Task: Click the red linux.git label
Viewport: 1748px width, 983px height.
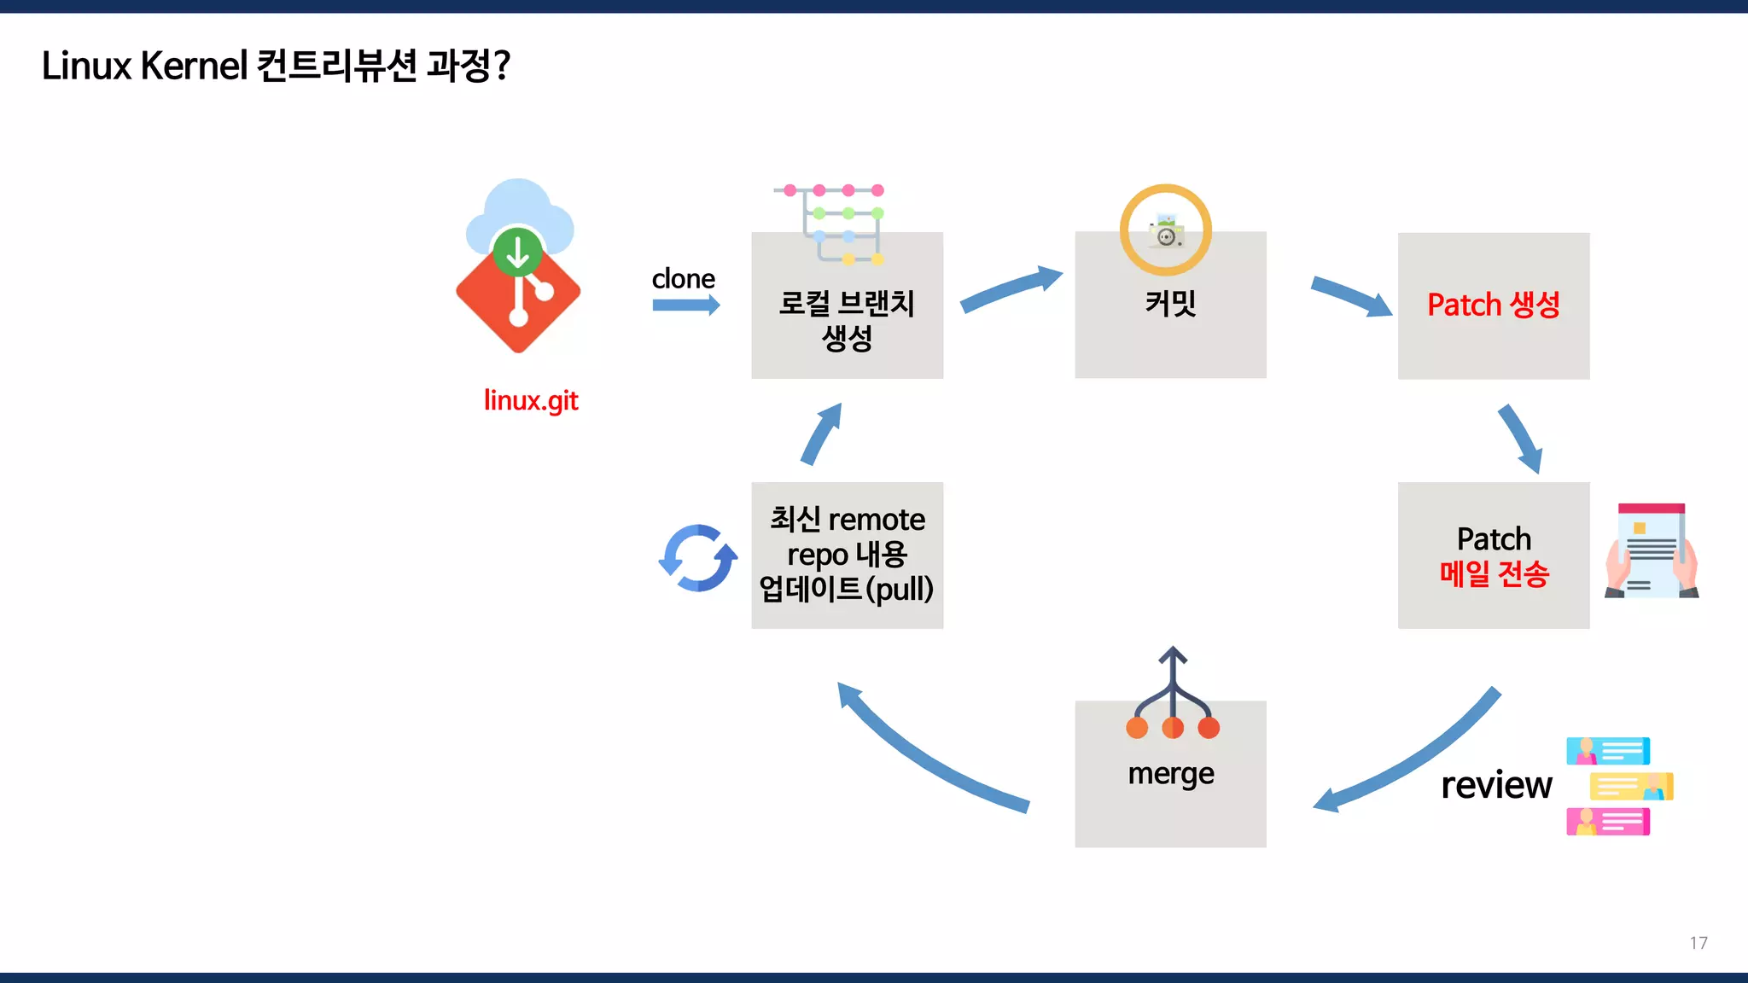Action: click(531, 400)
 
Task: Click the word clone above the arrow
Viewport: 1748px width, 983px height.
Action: click(683, 279)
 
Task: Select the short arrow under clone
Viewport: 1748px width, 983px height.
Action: click(685, 305)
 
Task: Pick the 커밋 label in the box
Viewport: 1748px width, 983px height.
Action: click(1170, 303)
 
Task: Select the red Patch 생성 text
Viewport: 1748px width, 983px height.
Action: click(1494, 305)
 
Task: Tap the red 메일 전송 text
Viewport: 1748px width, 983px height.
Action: click(1494, 573)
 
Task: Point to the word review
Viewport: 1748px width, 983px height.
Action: click(1496, 785)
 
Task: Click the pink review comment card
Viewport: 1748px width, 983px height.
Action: click(1608, 822)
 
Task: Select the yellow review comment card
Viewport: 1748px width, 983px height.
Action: click(1631, 786)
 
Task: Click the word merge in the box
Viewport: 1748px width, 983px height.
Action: click(1170, 774)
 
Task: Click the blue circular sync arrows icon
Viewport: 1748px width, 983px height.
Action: click(698, 558)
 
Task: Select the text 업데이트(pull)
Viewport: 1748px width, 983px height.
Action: click(847, 589)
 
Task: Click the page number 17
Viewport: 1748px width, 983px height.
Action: click(1698, 943)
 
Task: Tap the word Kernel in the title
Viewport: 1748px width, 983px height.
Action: click(194, 66)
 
